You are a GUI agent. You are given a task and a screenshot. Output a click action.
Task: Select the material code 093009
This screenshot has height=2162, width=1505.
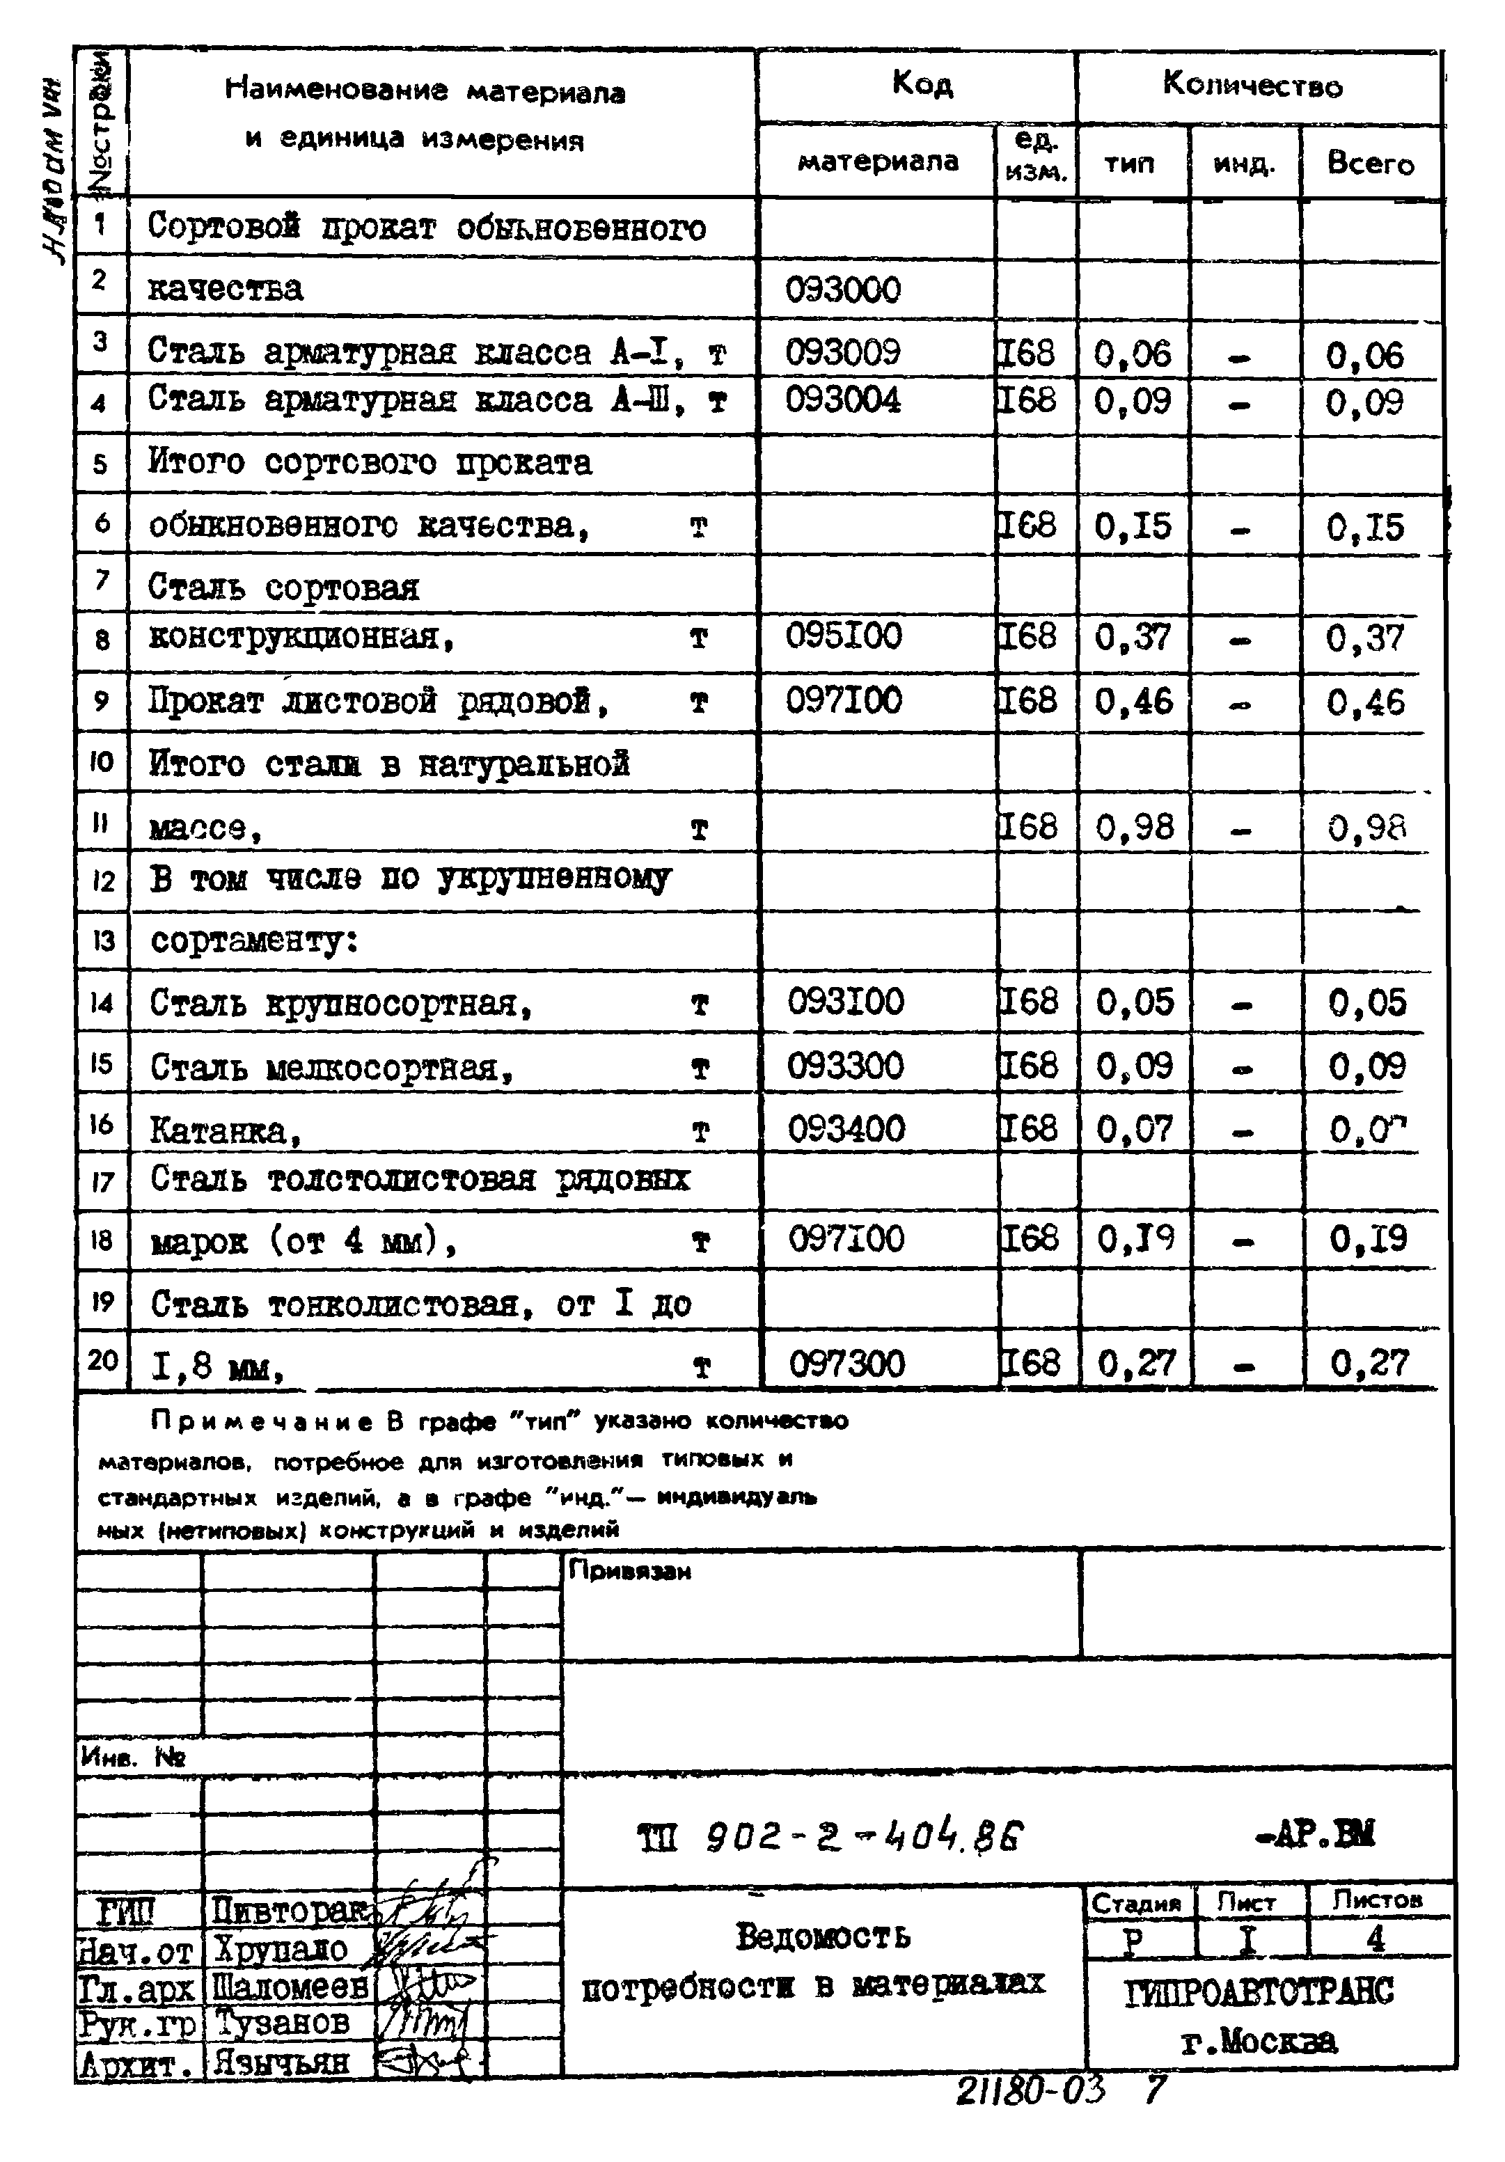point(842,352)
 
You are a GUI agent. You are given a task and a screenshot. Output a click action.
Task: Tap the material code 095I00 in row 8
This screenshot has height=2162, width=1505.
point(843,636)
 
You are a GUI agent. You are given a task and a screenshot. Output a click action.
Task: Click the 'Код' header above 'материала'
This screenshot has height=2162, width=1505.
point(921,85)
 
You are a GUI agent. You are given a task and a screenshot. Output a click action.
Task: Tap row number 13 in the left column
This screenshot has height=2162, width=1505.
point(102,940)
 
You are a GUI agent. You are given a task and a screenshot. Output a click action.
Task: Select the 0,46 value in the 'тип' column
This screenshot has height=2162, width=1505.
point(1133,702)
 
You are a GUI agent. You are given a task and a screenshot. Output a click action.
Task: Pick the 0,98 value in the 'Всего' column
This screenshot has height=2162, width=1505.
point(1366,828)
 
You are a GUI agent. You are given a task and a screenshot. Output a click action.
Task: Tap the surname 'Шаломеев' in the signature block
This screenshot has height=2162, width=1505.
point(290,1987)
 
